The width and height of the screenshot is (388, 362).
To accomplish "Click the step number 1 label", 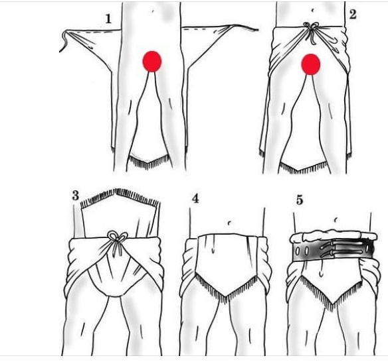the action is pos(108,19).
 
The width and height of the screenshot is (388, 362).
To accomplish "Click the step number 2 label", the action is pos(353,14).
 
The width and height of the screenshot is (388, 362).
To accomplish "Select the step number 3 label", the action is pos(76,196).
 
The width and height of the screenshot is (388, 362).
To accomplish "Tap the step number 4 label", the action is pos(195,198).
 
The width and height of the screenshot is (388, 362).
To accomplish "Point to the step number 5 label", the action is pos(300,200).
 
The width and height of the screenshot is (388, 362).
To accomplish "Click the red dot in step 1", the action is pos(152,62).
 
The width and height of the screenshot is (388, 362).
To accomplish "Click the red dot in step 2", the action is pos(310,64).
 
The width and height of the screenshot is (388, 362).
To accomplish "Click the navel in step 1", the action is pos(153,11).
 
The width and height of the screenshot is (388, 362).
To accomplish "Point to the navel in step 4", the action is pos(229,223).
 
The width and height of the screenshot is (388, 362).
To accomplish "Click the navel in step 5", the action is pos(335,219).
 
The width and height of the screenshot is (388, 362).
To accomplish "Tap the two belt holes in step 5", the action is pos(302,251).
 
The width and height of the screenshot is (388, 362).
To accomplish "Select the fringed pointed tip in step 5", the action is pos(332,304).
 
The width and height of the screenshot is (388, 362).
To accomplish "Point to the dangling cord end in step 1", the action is pos(64,42).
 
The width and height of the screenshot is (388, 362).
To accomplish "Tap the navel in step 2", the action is pos(312,11).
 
